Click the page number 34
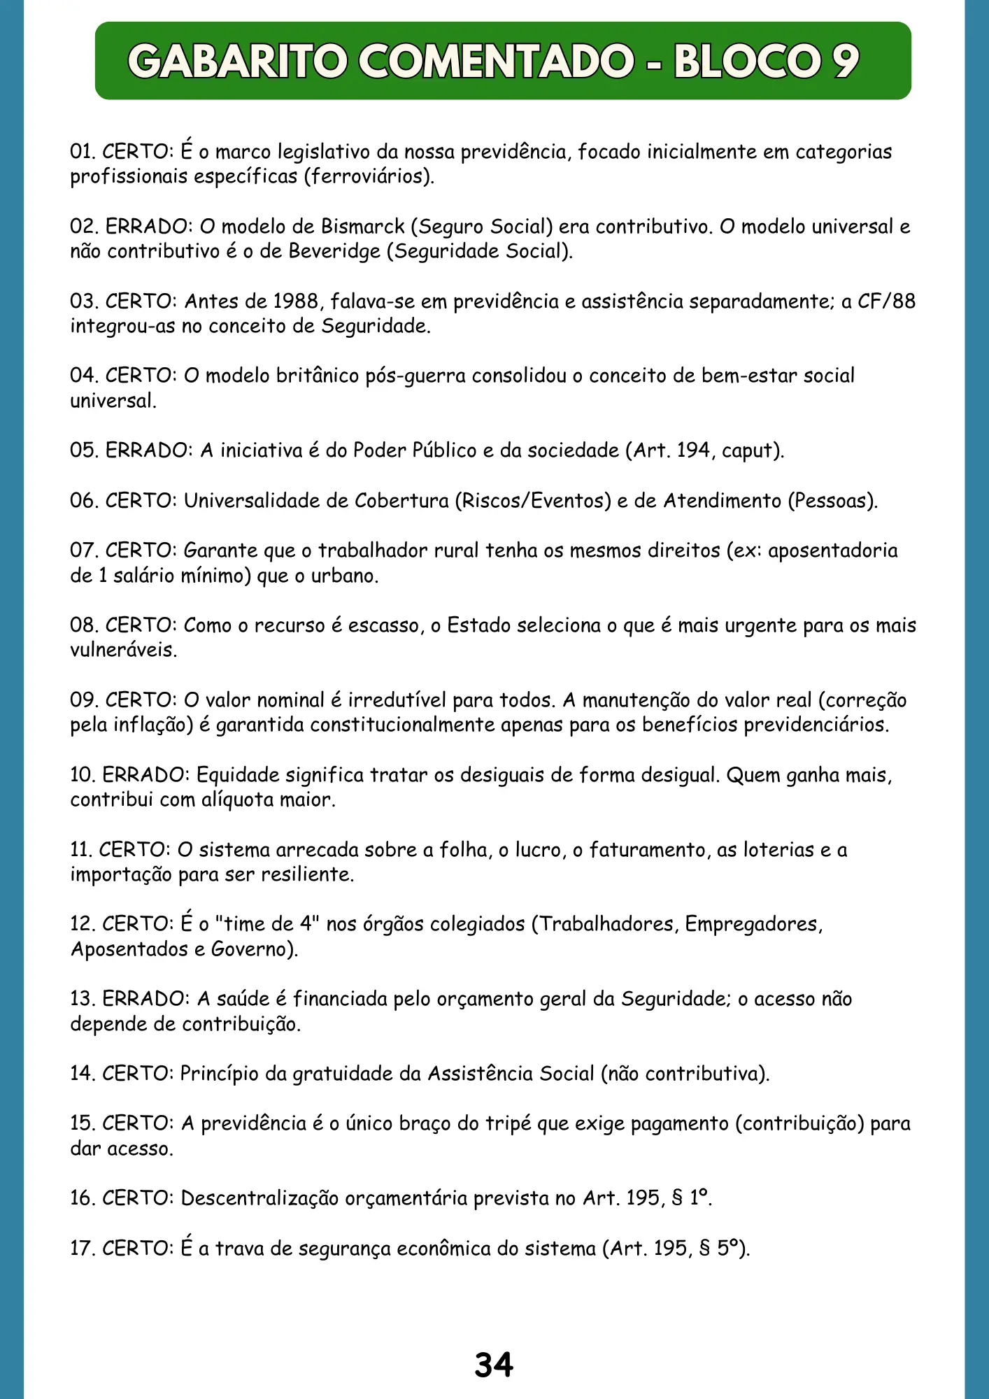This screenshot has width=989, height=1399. click(494, 1364)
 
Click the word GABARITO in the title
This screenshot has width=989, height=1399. click(238, 62)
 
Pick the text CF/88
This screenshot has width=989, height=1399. click(886, 301)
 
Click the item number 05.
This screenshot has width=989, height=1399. click(83, 450)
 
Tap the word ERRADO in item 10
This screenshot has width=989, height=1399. click(145, 775)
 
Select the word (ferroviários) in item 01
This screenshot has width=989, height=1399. click(369, 176)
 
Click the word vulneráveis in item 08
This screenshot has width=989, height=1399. click(123, 651)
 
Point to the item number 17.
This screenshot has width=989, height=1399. click(83, 1248)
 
